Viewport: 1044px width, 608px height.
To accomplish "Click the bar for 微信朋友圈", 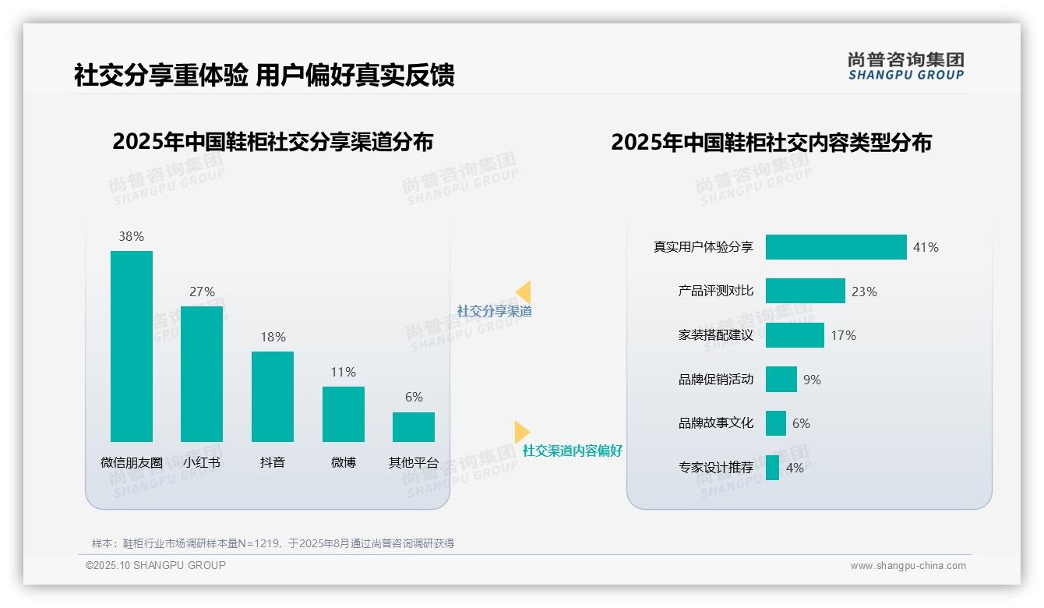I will pos(132,346).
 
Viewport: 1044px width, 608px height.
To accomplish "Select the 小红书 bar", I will pos(202,374).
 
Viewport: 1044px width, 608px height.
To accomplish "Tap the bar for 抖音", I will pos(273,396).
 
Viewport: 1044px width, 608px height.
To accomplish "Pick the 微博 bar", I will pos(344,414).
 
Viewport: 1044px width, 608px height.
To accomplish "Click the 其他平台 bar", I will pos(414,427).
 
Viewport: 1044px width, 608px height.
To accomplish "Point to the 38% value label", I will pos(132,236).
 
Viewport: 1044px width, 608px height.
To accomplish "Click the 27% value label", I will pos(202,292).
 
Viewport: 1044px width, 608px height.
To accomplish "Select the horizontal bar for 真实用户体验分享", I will pos(836,247).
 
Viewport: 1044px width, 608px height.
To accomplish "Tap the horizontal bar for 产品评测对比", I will pos(805,291).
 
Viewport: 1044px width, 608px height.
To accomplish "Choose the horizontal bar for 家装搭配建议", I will pos(795,335).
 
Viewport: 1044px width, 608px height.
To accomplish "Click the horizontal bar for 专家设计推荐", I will pos(772,468).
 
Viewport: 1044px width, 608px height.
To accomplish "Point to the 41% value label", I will pos(926,247).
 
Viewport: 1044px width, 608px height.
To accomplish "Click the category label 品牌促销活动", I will pos(716,380).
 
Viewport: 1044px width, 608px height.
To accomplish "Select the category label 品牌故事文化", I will pos(716,423).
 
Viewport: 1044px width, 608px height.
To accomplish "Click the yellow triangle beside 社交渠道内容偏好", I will pos(521,432).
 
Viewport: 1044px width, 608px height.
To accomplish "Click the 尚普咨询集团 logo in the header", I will pos(906,66).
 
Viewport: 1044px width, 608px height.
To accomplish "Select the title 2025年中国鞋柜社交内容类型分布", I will pos(771,143).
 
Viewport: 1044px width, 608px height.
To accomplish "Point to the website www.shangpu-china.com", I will pos(908,566).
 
